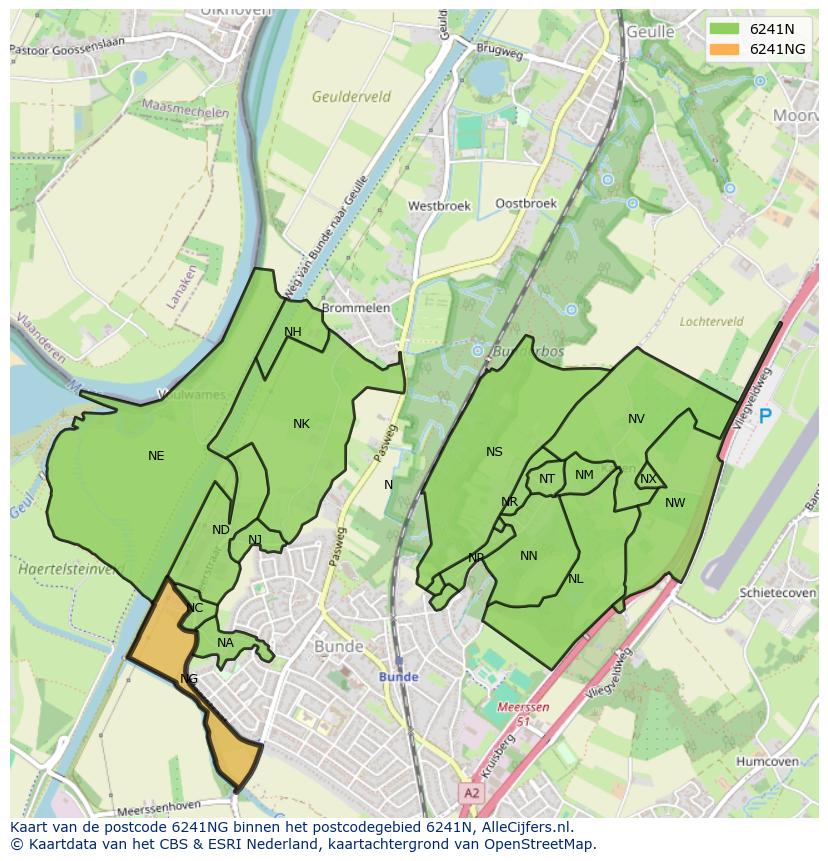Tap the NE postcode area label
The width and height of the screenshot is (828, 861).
[x=156, y=456]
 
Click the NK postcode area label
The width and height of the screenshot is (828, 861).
[x=301, y=424]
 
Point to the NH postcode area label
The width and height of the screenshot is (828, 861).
[x=293, y=332]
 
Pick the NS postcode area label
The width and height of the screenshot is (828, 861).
[x=494, y=452]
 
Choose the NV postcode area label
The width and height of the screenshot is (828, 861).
[x=636, y=419]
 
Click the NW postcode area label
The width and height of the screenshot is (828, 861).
[x=675, y=503]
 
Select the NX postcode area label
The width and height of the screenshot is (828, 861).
[x=648, y=479]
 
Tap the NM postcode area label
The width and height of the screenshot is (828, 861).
[x=585, y=475]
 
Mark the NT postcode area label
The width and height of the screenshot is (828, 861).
[x=547, y=479]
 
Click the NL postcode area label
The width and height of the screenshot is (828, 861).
[x=576, y=579]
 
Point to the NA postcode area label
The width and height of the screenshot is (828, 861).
[x=225, y=643]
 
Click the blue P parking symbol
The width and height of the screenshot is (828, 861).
[x=766, y=416]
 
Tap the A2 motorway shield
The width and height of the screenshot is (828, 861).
[x=471, y=792]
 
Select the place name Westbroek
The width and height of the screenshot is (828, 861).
[x=439, y=206]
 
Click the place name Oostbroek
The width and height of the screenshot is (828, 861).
[x=526, y=203]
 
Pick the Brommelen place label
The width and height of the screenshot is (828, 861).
[x=356, y=308]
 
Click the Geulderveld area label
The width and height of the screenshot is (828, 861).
[x=351, y=97]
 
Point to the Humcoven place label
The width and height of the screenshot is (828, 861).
[x=767, y=761]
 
